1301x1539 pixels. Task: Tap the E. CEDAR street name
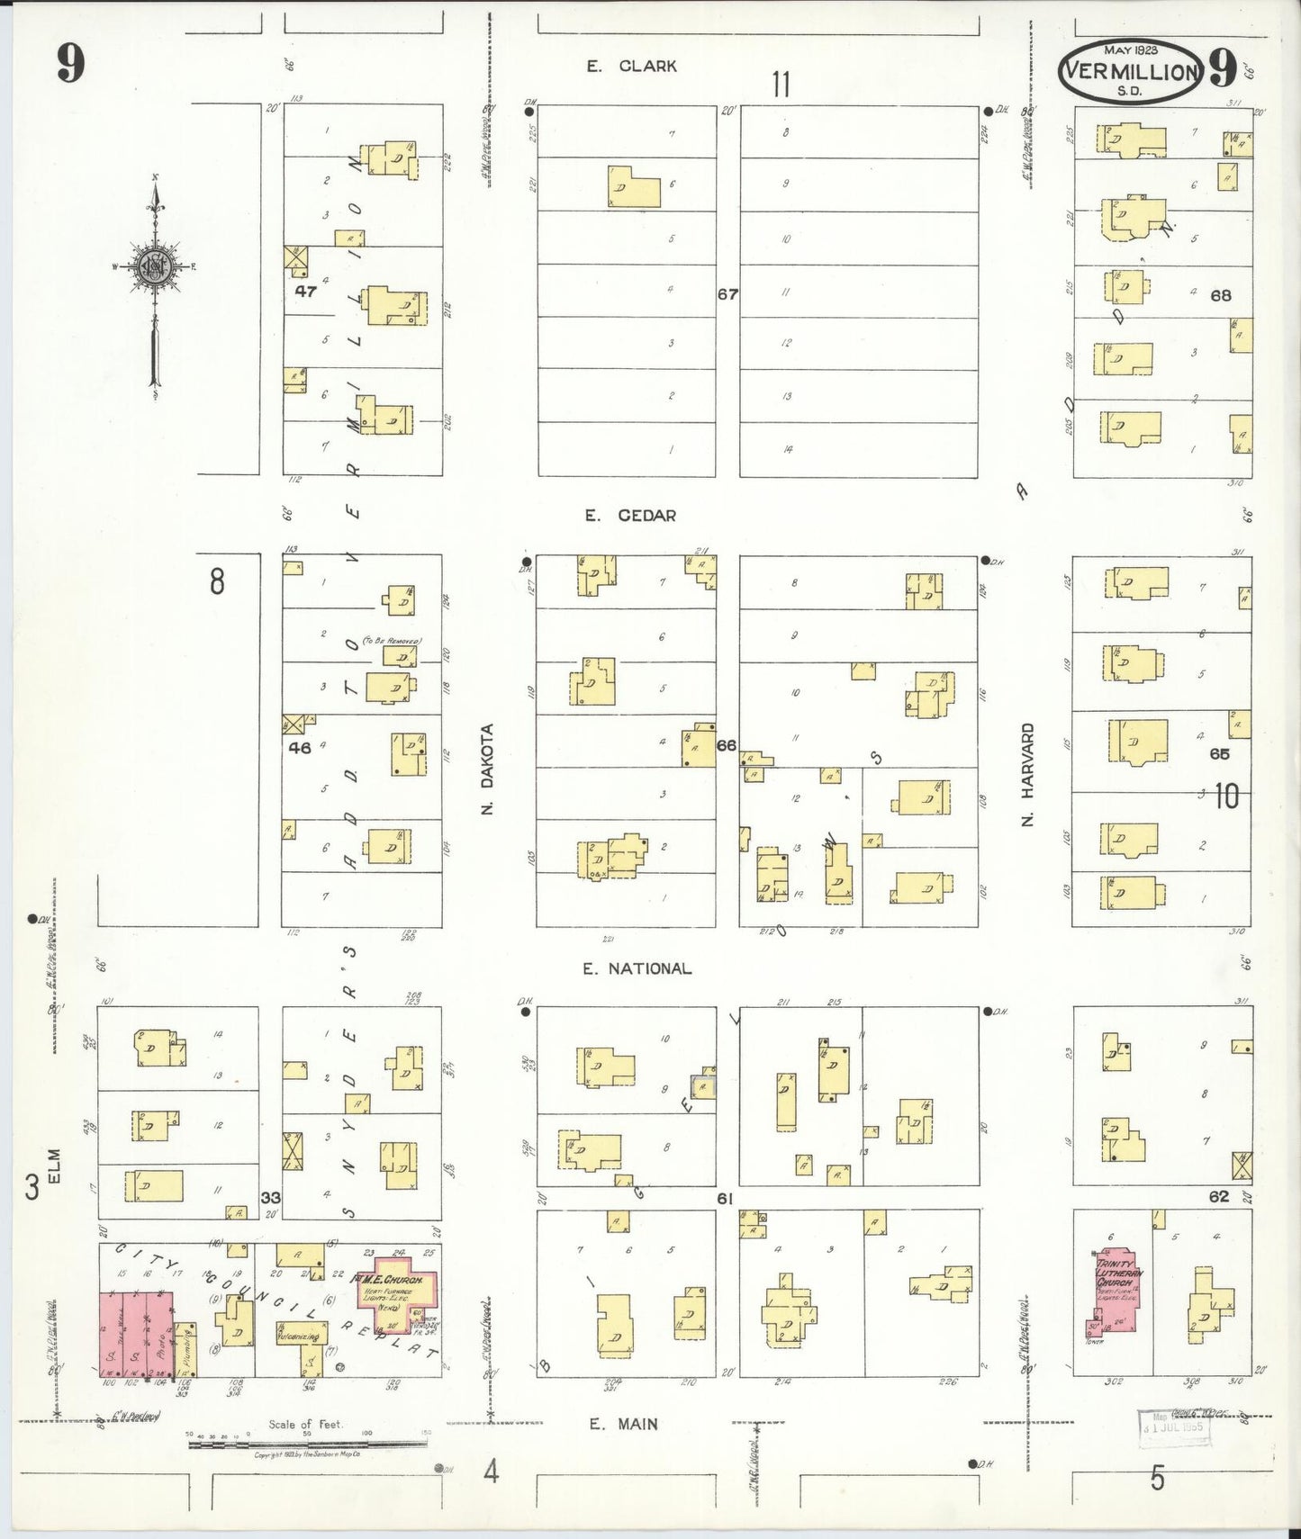[630, 516]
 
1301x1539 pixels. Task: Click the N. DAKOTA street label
[489, 769]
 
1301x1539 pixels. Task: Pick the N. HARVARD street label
[1029, 774]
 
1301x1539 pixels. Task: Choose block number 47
[306, 292]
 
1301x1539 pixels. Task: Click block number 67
[727, 294]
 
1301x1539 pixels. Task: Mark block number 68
[1220, 295]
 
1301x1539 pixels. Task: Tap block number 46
[300, 747]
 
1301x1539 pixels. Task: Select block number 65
[1219, 754]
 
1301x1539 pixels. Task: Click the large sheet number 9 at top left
[70, 62]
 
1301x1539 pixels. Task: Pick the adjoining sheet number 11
[781, 85]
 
